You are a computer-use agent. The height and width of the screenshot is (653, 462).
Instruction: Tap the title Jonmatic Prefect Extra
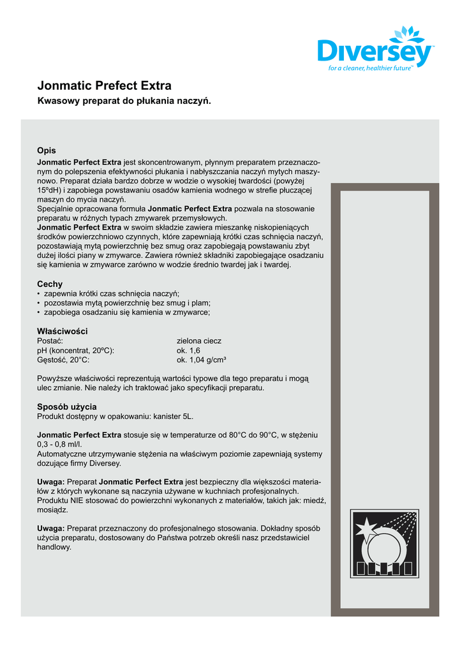pyautogui.click(x=104, y=85)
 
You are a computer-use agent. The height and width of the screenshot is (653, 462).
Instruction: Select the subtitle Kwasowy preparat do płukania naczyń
pyautogui.click(x=124, y=101)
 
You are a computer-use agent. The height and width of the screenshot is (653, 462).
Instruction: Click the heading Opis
pyautogui.click(x=47, y=150)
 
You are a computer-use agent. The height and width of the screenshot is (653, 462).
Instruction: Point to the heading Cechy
pyautogui.click(x=50, y=284)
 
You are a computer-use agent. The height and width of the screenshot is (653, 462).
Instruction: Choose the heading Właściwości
pyautogui.click(x=62, y=331)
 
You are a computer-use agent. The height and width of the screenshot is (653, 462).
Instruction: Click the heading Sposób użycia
pyautogui.click(x=67, y=406)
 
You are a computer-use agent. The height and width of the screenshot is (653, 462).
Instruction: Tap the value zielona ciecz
pyautogui.click(x=199, y=341)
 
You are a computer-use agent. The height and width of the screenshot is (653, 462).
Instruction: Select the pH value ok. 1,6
pyautogui.click(x=188, y=350)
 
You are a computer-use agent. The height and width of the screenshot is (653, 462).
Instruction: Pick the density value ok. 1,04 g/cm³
pyautogui.click(x=202, y=360)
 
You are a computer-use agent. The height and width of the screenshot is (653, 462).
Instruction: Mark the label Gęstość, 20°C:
pyautogui.click(x=64, y=360)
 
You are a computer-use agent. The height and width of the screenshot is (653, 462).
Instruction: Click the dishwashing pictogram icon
pyautogui.click(x=384, y=543)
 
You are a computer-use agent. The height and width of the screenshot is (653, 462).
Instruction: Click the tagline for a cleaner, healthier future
pyautogui.click(x=371, y=67)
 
